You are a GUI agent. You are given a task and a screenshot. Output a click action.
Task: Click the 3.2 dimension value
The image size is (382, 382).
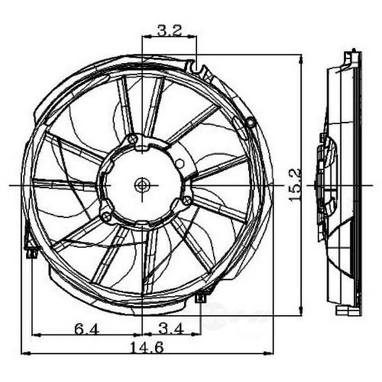[x=168, y=29]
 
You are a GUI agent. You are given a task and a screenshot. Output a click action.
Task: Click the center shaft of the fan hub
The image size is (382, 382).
[x=142, y=184]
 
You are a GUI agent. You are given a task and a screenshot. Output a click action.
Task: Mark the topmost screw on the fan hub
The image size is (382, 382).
[x=133, y=139]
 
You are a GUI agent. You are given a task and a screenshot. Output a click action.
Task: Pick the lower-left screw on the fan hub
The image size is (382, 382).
[x=106, y=216]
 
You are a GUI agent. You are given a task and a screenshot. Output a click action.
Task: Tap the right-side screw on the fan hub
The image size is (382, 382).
[x=187, y=200]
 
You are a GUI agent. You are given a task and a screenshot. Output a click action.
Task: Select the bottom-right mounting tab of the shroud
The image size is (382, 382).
[x=201, y=298]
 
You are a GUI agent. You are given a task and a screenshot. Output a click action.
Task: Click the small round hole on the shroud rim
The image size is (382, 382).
[x=250, y=122]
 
